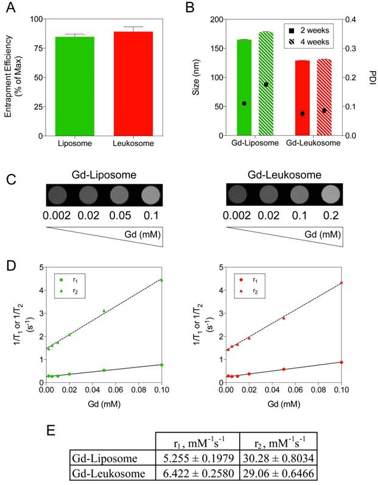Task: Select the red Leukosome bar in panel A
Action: click(x=133, y=83)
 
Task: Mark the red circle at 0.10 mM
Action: click(x=341, y=362)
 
